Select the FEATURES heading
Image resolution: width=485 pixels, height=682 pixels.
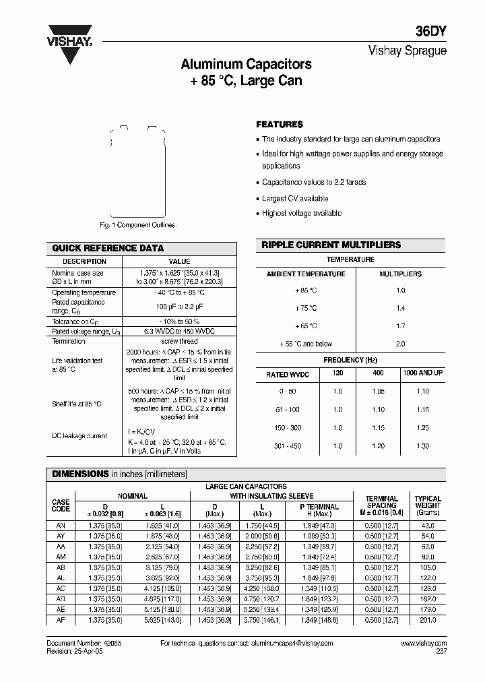tap(280, 125)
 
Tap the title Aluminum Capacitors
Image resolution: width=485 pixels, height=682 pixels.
tap(246, 65)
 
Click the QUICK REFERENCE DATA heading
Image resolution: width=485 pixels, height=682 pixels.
tap(108, 248)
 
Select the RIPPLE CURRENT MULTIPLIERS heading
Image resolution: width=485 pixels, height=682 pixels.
tap(331, 245)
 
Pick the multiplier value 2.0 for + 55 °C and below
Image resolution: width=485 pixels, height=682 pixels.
tap(400, 344)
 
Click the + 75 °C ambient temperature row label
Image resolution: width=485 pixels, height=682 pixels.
tap(305, 308)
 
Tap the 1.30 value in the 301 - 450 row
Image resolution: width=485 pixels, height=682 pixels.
tap(422, 446)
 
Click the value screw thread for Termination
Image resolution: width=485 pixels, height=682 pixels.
tap(179, 341)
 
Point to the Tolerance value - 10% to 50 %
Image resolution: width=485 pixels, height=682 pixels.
tap(179, 321)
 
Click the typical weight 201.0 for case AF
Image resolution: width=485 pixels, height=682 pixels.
tap(427, 620)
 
